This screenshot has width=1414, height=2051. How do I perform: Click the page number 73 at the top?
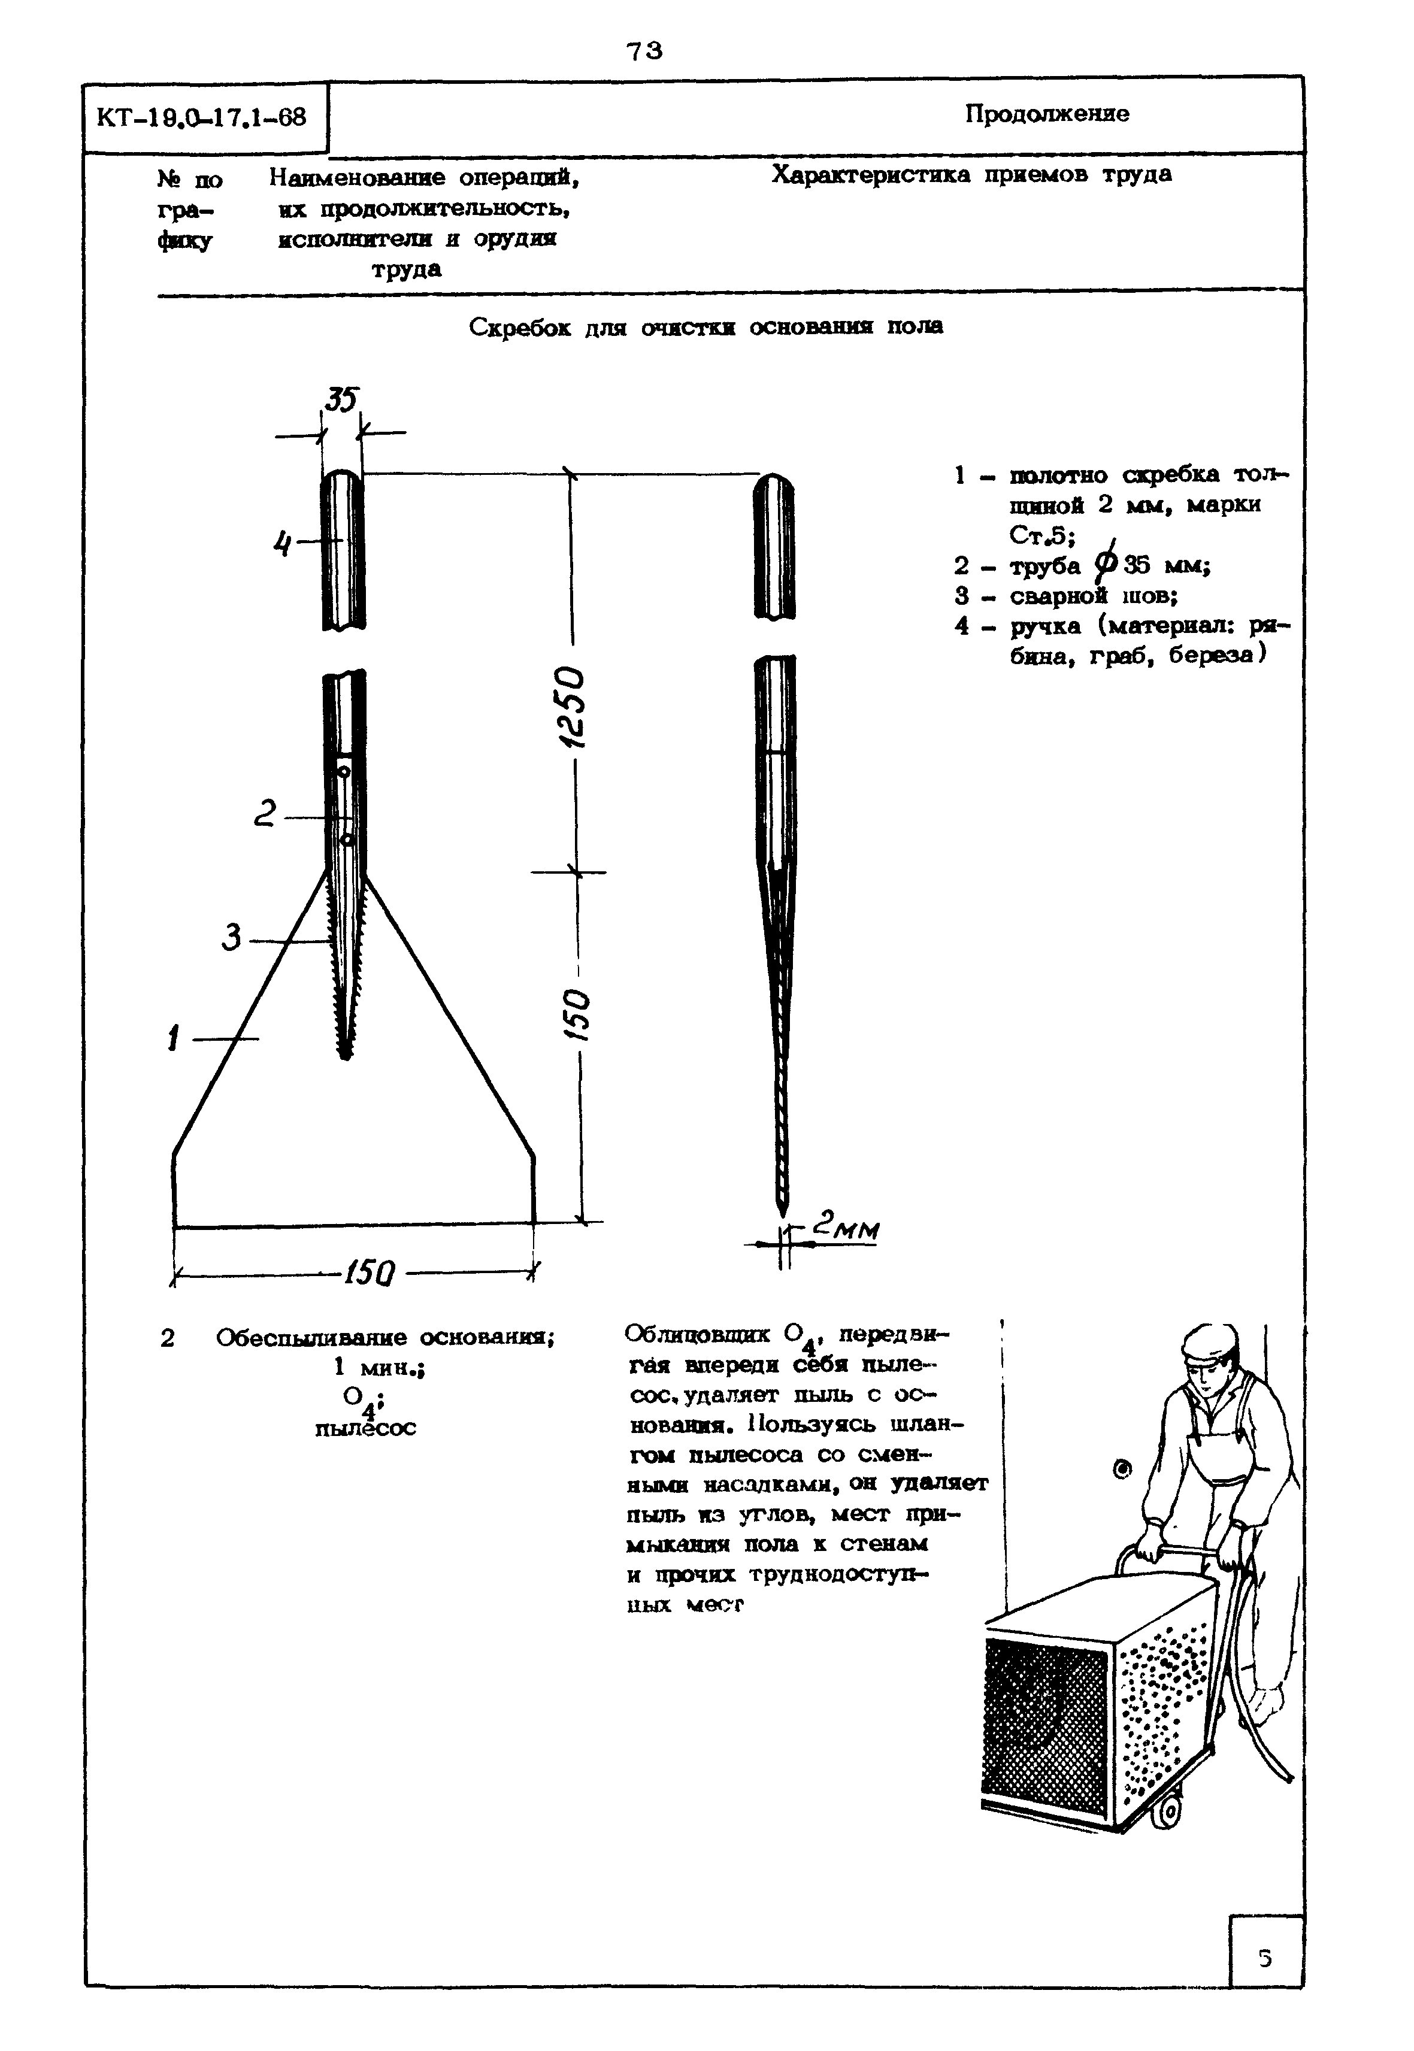pyautogui.click(x=644, y=51)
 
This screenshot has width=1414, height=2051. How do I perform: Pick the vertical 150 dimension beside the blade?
pyautogui.click(x=576, y=1014)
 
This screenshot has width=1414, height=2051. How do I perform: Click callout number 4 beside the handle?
pyautogui.click(x=281, y=542)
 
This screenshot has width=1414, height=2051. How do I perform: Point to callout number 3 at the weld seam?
pyautogui.click(x=232, y=937)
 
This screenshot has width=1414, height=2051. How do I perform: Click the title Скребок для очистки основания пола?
pyautogui.click(x=706, y=327)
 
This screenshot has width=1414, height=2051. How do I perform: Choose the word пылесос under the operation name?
pyautogui.click(x=365, y=1428)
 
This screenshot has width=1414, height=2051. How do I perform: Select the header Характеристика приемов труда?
pyautogui.click(x=971, y=174)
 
